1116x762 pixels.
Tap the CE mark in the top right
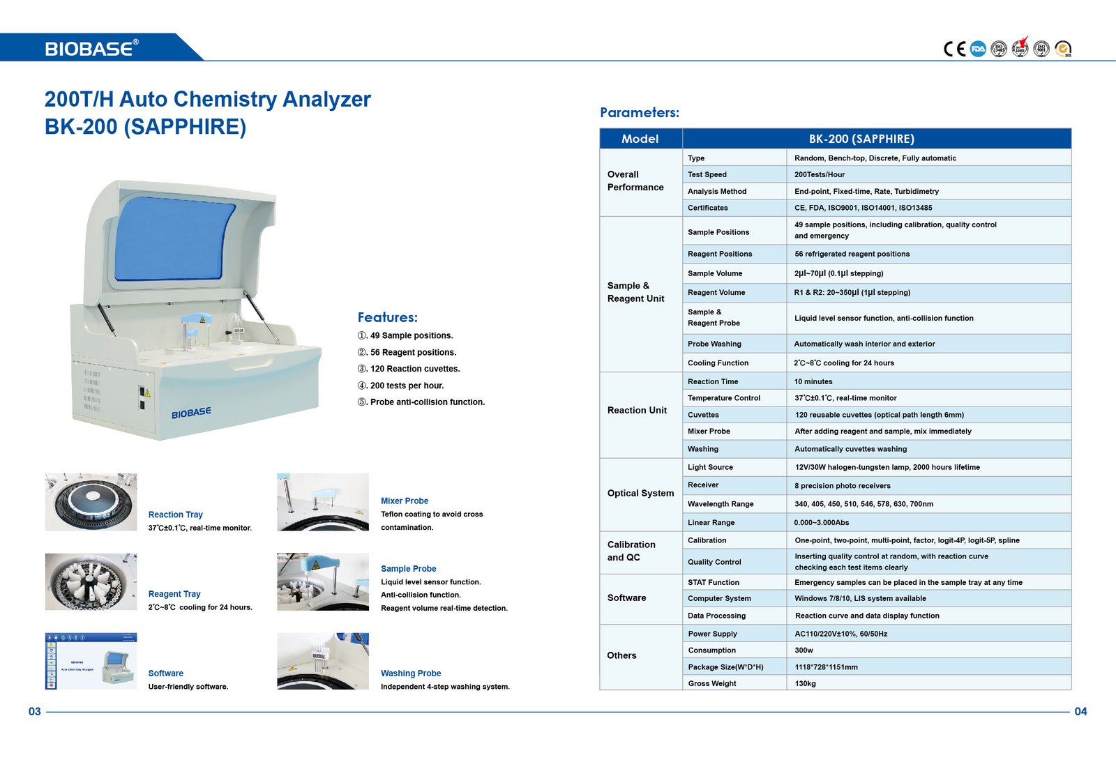(954, 49)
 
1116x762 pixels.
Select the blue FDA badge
(978, 49)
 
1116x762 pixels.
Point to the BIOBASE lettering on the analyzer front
(191, 413)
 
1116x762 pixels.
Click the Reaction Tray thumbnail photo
(91, 502)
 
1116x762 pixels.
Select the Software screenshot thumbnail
(91, 661)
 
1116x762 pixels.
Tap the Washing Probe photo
(323, 661)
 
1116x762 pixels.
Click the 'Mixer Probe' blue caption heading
(405, 501)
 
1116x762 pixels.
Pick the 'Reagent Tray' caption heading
(174, 594)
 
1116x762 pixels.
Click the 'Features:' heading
(387, 317)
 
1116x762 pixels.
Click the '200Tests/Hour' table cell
(820, 174)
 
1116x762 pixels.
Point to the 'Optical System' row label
(640, 493)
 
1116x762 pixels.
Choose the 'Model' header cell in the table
(640, 139)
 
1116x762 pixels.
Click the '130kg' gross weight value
(805, 683)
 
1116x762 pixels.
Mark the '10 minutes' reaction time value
(813, 381)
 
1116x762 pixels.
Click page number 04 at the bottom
(1080, 711)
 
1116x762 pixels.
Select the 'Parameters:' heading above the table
(640, 113)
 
